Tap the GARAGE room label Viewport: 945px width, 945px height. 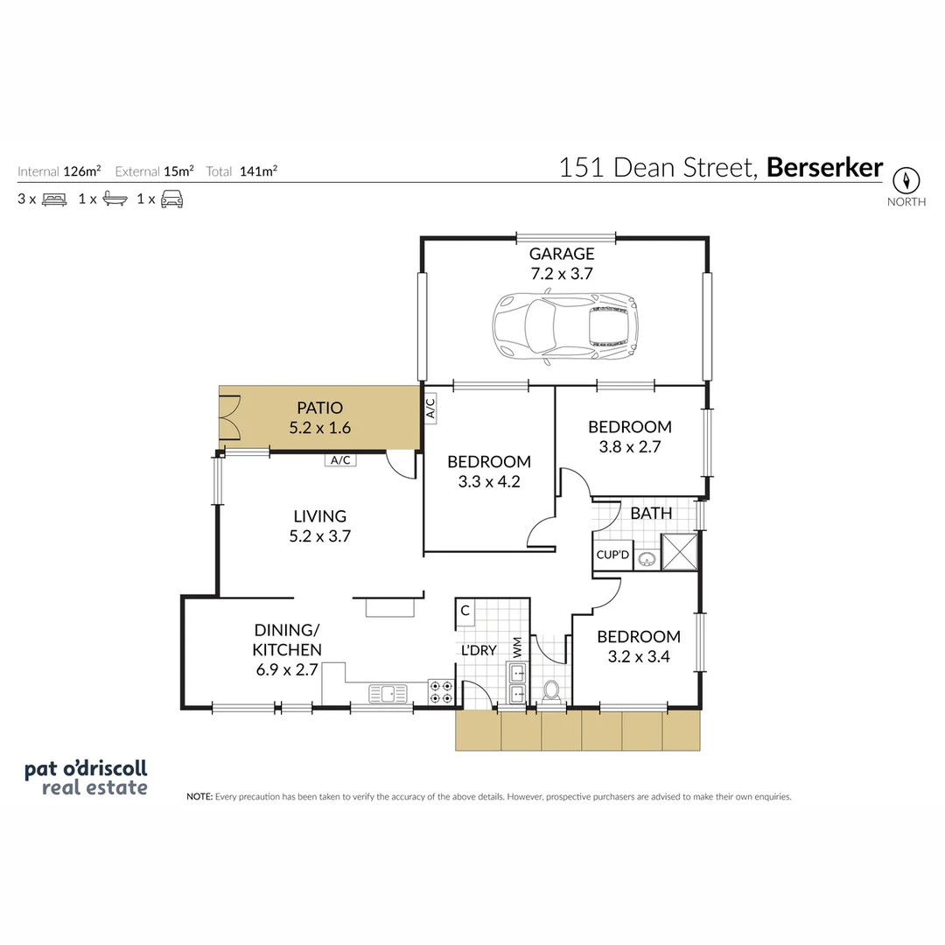[x=561, y=254]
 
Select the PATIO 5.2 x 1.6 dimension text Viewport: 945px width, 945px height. [x=319, y=429]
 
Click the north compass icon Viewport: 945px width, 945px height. [x=906, y=181]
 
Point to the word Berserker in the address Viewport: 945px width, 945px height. [x=824, y=168]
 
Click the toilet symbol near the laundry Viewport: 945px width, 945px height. [x=551, y=691]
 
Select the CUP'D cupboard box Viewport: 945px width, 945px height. [x=612, y=556]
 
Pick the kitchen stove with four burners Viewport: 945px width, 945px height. [x=442, y=692]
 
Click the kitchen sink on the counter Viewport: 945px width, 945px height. [x=389, y=694]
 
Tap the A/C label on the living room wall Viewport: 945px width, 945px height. [x=340, y=460]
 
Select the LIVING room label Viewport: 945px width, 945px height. [x=319, y=516]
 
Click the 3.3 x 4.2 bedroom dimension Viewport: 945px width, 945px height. [x=488, y=480]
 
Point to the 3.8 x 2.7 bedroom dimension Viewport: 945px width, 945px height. [x=629, y=446]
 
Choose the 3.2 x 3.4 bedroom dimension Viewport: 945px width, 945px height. [x=638, y=656]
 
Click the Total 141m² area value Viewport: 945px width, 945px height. [x=258, y=171]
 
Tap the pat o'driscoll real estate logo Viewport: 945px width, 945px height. [x=86, y=778]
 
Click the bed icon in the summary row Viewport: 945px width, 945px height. [x=54, y=199]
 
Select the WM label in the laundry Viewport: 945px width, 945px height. [x=517, y=649]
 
